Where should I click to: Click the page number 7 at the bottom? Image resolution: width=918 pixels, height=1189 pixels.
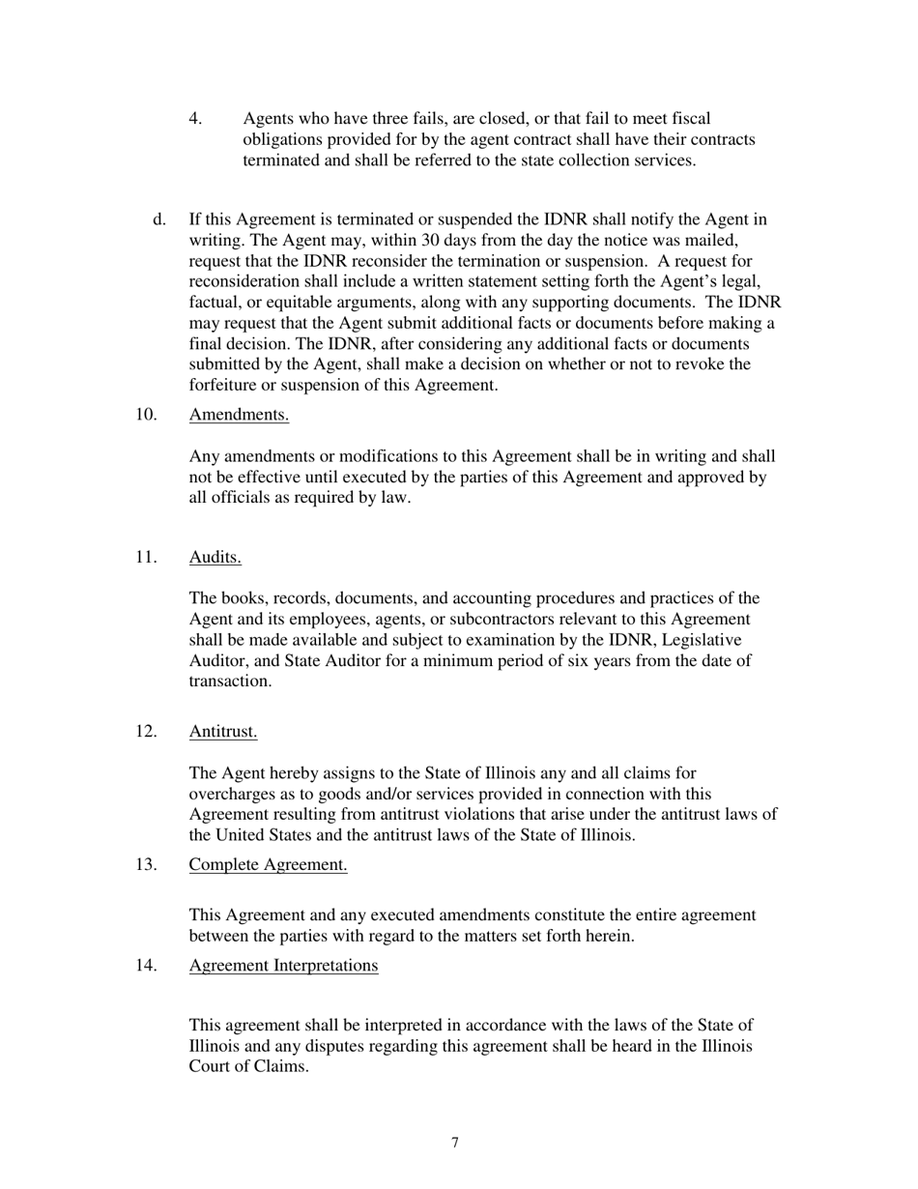click(455, 1144)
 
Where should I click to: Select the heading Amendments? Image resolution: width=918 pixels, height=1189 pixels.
click(239, 415)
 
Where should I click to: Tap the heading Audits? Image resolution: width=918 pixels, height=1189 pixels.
click(215, 557)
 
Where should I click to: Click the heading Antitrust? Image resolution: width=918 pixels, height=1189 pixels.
click(223, 731)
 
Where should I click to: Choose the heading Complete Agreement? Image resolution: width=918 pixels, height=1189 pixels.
click(268, 864)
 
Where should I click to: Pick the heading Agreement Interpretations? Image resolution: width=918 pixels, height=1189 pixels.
click(283, 965)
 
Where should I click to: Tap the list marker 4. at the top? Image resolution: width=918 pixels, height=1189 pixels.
click(196, 119)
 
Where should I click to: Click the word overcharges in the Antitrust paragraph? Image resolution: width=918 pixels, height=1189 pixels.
click(233, 795)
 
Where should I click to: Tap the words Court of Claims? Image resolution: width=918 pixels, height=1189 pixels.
click(248, 1067)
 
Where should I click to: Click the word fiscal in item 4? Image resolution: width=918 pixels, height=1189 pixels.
click(691, 119)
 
